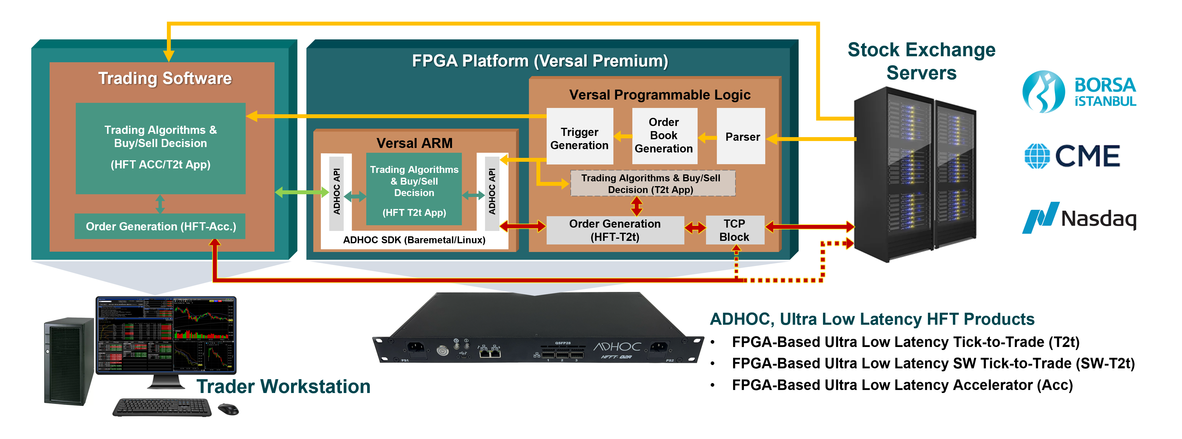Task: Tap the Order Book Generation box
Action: [664, 136]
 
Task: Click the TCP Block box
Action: [735, 230]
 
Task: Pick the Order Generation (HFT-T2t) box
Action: [615, 230]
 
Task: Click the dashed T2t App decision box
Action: [652, 183]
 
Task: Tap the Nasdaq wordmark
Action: [1098, 219]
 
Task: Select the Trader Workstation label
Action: [283, 386]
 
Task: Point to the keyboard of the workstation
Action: [162, 407]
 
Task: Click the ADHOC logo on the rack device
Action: [617, 347]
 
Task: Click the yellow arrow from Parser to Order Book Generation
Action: [707, 137]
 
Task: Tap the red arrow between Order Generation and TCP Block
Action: [695, 227]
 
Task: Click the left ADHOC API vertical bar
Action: [336, 192]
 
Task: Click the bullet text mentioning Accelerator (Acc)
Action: [902, 385]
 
